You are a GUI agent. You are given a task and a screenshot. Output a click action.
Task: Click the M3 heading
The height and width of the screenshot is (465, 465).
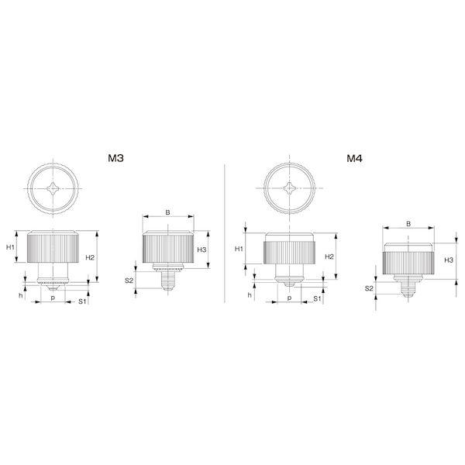coord(116,158)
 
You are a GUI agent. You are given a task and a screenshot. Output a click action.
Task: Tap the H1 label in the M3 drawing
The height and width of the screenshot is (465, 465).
coord(11,247)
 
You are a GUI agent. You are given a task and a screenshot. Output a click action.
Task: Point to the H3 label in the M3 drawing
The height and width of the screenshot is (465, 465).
coord(201,250)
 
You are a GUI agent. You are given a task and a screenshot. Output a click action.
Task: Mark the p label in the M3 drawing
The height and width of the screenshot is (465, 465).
coord(52,297)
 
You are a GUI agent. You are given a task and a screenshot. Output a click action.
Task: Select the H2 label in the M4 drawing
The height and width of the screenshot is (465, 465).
coord(329,257)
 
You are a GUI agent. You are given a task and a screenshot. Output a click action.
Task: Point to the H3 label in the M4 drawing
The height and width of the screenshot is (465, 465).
coord(449,260)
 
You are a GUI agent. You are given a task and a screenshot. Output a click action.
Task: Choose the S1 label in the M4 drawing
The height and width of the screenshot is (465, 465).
coord(319,298)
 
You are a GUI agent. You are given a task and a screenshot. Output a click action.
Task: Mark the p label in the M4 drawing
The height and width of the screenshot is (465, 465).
coord(288,297)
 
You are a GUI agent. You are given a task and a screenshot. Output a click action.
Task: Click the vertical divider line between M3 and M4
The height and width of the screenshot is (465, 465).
coord(224,232)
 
